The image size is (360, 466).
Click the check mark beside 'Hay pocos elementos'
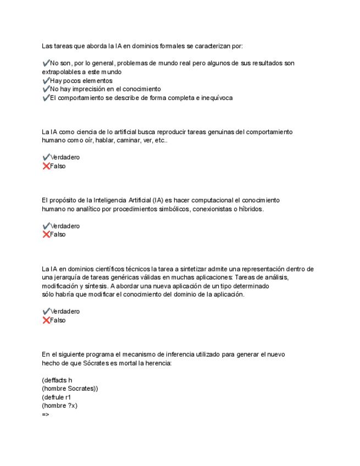pos(46,81)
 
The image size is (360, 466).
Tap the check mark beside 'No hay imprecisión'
pos(46,89)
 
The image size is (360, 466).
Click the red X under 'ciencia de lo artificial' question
pos(46,166)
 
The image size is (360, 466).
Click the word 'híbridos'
pos(251,209)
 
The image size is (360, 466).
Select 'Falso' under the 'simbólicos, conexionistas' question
pos(58,235)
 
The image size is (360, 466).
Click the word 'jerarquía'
pos(69,278)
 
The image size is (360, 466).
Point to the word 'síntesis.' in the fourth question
pos(96,286)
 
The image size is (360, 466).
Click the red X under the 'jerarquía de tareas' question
pos(46,320)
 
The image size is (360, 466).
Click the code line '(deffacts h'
pos(57,380)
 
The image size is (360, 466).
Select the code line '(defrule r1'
pos(56,397)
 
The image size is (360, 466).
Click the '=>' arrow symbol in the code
pos(45,414)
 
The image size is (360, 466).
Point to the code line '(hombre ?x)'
pos(59,406)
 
